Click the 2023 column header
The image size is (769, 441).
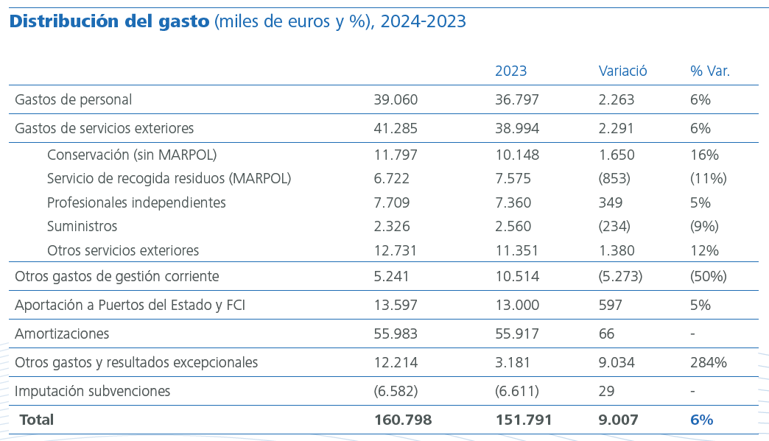(x=510, y=71)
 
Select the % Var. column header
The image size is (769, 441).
(x=710, y=71)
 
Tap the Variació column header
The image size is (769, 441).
(x=622, y=71)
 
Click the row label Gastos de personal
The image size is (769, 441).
(x=74, y=99)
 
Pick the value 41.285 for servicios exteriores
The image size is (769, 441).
(x=396, y=128)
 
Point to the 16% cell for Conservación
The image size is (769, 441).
(x=704, y=155)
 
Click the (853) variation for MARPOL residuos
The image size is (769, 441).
(x=614, y=178)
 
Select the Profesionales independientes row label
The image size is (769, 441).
(x=136, y=202)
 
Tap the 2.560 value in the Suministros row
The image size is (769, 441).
(x=513, y=226)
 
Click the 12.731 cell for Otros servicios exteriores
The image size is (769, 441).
(x=396, y=250)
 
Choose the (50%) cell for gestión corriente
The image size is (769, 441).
(x=708, y=276)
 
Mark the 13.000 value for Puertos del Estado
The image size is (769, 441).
(x=516, y=305)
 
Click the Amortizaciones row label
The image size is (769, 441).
(x=62, y=334)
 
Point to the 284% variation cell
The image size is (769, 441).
(x=709, y=362)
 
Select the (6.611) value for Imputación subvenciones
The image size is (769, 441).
(x=516, y=391)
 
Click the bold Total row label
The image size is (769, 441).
(x=37, y=420)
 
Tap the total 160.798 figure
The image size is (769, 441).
(x=403, y=420)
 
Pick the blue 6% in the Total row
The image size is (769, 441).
(x=701, y=420)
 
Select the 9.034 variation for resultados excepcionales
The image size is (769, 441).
(x=617, y=362)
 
